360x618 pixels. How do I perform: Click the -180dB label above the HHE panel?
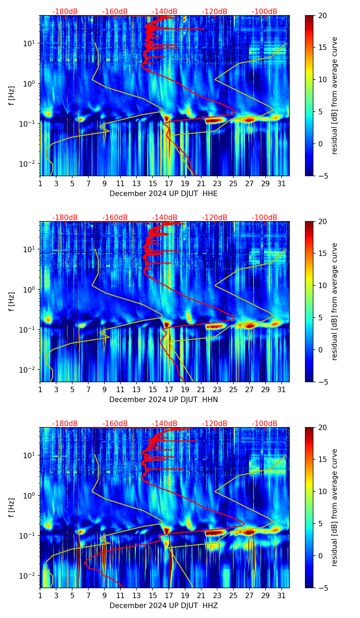tap(65, 12)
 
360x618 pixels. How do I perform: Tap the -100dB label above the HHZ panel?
tap(265, 424)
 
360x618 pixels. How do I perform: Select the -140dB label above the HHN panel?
tap(165, 218)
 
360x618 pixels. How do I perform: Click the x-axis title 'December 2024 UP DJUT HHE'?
tap(164, 194)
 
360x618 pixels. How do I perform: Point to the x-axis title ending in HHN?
tap(164, 400)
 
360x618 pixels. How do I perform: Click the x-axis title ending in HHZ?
tap(164, 606)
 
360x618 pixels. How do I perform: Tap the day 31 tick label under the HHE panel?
tap(281, 184)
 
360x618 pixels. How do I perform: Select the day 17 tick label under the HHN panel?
tap(169, 390)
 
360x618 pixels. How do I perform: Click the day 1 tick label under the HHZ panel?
tap(40, 596)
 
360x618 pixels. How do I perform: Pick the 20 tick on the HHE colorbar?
tap(322, 16)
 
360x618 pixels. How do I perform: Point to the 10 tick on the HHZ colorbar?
tap(322, 492)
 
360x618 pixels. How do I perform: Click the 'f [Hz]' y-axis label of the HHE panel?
tap(12, 96)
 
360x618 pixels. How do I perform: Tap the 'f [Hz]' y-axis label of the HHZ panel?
tap(12, 508)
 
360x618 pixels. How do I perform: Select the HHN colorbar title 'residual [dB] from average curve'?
tap(335, 301)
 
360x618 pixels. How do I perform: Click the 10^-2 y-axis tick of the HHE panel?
tap(30, 164)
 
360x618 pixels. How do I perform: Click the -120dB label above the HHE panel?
tap(215, 12)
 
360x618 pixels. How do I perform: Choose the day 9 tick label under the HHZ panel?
tap(104, 596)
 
